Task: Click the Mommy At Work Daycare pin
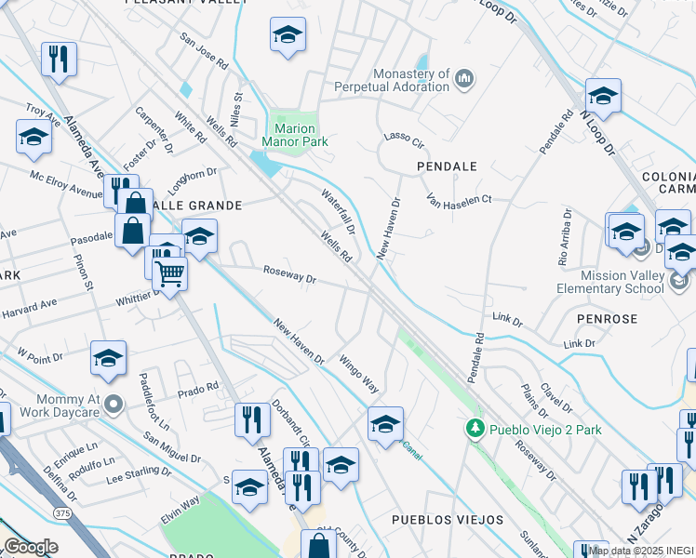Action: pyautogui.click(x=114, y=404)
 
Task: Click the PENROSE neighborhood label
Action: pyautogui.click(x=608, y=319)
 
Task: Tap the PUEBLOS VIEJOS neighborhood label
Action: pyautogui.click(x=448, y=520)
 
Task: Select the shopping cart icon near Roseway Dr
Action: pyautogui.click(x=170, y=273)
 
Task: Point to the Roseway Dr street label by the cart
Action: pyautogui.click(x=289, y=278)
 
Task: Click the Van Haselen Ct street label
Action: pyautogui.click(x=458, y=199)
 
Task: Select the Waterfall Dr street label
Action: pyautogui.click(x=339, y=212)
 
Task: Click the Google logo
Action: pyautogui.click(x=31, y=546)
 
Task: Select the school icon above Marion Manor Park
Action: pyautogui.click(x=288, y=37)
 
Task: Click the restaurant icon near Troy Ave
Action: pyautogui.click(x=59, y=60)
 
